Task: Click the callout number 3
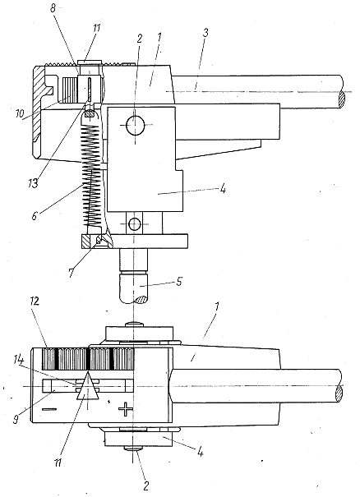click(x=205, y=34)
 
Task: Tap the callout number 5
click(x=179, y=282)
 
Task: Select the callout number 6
click(x=35, y=215)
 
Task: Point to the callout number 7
click(x=71, y=273)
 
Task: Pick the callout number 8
click(x=53, y=8)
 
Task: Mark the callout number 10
click(x=20, y=114)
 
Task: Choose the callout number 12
click(x=35, y=301)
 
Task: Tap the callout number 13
click(x=33, y=183)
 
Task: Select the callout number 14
click(x=18, y=360)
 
